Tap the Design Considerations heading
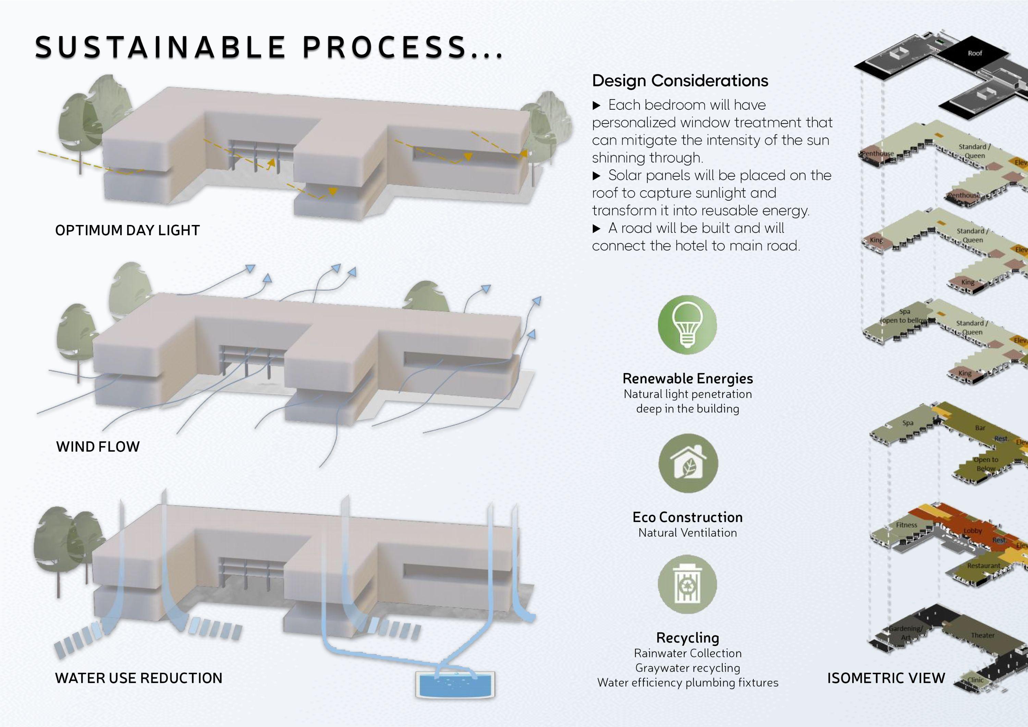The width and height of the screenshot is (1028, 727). coord(680,81)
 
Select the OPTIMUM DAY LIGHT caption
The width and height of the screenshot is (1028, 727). coord(127,230)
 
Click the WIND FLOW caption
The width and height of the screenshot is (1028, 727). coord(98,446)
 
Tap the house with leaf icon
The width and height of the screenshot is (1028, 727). coord(688,463)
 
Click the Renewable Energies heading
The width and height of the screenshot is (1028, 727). coord(688,379)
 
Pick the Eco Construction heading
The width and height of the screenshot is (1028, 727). coord(688,517)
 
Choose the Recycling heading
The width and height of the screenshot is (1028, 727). coord(688,637)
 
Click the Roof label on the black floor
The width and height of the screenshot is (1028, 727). coord(975,53)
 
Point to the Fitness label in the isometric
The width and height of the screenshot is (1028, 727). coord(907,525)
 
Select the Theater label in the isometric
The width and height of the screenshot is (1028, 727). coord(983,635)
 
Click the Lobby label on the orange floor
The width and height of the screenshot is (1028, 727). coord(972,531)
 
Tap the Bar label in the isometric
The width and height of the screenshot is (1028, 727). coord(980,428)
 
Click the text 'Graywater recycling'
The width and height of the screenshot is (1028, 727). coord(688,668)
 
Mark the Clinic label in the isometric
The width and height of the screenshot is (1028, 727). coord(976,680)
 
